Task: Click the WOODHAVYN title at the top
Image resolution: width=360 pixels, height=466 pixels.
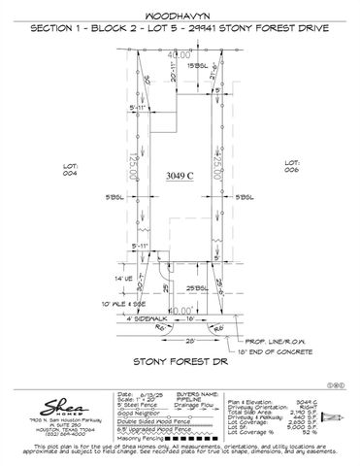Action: (180, 17)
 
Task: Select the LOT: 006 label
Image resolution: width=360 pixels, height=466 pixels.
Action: (292, 167)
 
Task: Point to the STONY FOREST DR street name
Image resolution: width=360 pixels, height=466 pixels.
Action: (180, 364)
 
